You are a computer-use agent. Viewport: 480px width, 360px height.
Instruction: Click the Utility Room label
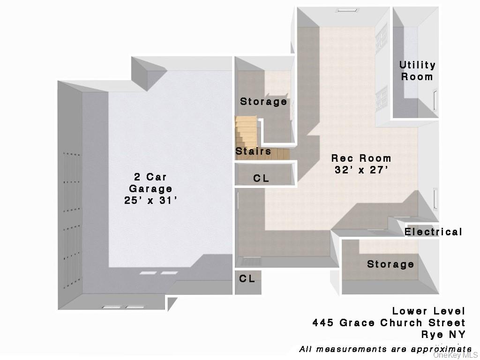[417, 71]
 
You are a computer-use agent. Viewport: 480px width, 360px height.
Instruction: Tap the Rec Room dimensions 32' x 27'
[361, 170]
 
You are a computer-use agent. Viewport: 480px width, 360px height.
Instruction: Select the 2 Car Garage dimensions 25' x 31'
[150, 201]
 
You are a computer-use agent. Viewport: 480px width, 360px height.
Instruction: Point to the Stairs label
[253, 151]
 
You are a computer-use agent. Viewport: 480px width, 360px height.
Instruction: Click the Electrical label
[433, 232]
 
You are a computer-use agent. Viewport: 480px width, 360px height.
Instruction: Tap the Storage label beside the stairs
[263, 102]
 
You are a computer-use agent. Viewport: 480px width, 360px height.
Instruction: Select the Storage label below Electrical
[390, 264]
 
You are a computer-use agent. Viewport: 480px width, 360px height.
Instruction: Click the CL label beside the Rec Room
[261, 179]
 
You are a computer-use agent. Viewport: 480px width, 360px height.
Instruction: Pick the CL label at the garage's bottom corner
[247, 279]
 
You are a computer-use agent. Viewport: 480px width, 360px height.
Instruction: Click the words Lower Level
[428, 311]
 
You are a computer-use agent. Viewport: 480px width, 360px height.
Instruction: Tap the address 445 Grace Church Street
[389, 323]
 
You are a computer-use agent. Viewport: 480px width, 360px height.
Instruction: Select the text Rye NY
[442, 335]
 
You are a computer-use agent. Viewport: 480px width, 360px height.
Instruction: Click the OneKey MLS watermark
[455, 355]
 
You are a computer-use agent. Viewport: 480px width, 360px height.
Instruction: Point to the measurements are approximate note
[385, 349]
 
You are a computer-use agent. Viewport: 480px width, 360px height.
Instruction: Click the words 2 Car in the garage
[150, 177]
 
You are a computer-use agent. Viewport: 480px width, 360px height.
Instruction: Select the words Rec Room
[361, 158]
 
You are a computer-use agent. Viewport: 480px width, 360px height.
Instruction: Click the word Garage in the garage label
[150, 189]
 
